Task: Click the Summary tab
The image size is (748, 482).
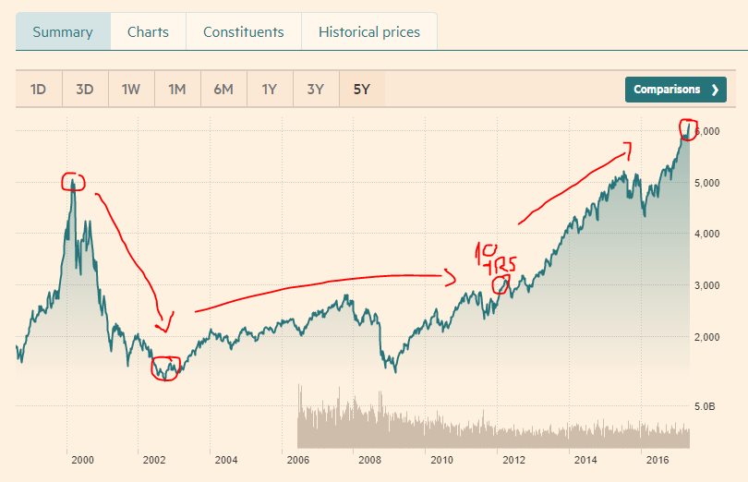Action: click(x=63, y=32)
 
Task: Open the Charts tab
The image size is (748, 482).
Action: click(x=148, y=32)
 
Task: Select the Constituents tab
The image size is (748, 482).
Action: click(x=244, y=32)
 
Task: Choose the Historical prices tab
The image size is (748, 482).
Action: click(x=368, y=32)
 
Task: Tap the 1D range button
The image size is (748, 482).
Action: click(x=38, y=90)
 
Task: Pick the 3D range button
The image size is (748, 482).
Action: click(x=85, y=90)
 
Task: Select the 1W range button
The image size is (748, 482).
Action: click(x=131, y=90)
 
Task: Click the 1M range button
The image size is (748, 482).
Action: click(x=177, y=90)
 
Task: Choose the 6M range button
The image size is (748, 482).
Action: click(x=223, y=90)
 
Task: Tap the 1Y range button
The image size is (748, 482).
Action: click(x=270, y=90)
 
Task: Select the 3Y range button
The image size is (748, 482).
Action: click(x=316, y=90)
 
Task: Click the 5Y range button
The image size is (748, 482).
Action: click(x=361, y=90)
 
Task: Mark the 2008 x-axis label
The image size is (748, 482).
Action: click(x=369, y=460)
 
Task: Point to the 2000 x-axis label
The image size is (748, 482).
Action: click(x=82, y=460)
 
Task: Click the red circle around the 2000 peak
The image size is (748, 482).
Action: click(x=73, y=182)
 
